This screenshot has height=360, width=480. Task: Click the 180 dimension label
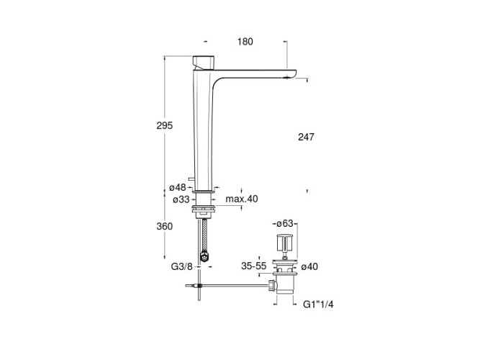pyautogui.click(x=245, y=42)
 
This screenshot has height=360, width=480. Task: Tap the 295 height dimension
pyautogui.click(x=165, y=125)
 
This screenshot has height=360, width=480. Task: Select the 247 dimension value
pyautogui.click(x=306, y=137)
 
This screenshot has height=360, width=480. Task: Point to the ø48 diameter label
pyautogui.click(x=178, y=187)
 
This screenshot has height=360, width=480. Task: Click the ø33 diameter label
pyautogui.click(x=181, y=199)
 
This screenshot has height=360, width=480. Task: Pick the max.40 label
pyautogui.click(x=242, y=199)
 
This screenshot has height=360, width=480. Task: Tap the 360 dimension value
pyautogui.click(x=164, y=226)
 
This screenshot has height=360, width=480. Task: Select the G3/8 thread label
pyautogui.click(x=182, y=267)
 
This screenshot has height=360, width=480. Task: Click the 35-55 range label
pyautogui.click(x=254, y=266)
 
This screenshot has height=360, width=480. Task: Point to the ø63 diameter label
pyautogui.click(x=285, y=224)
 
